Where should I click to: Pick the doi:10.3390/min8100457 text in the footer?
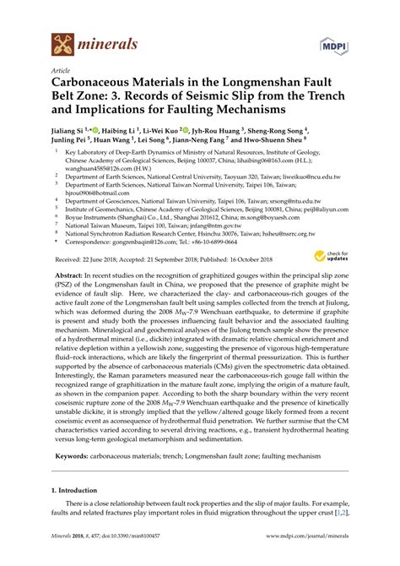[x=128, y=558]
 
